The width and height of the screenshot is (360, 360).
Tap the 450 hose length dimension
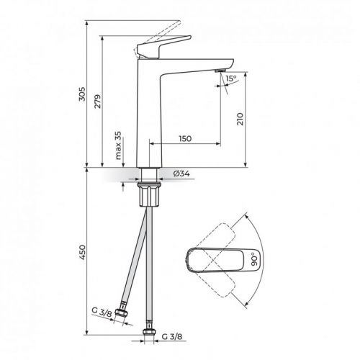tap(80, 252)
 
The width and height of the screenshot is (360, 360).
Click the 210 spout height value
tap(239, 120)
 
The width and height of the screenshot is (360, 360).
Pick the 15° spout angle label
tap(230, 79)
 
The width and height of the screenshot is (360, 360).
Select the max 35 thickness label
tap(117, 147)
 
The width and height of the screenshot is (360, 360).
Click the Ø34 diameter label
tap(181, 173)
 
